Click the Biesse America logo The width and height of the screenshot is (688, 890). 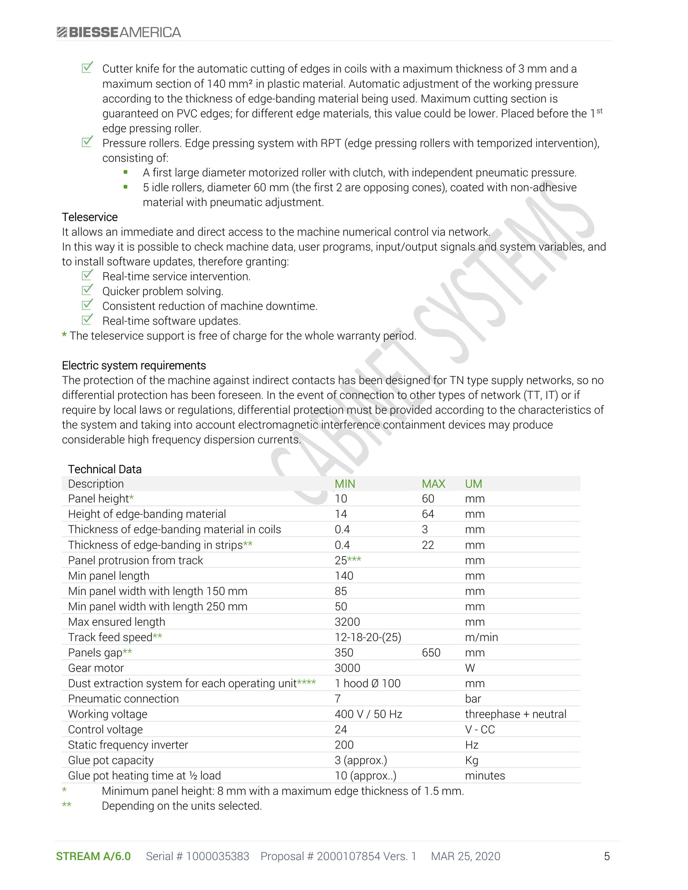coord(119,32)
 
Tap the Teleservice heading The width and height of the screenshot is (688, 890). coord(90,217)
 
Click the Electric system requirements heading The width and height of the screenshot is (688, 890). coord(134,366)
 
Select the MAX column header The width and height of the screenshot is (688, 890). coord(433,484)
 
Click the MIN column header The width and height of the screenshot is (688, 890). coord(345,484)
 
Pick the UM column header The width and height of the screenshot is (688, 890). coord(473,484)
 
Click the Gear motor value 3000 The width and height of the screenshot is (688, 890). coord(347,668)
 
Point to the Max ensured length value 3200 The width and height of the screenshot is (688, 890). coord(347,622)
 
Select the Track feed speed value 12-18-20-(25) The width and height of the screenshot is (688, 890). coord(368,637)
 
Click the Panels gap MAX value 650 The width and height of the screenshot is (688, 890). coord(431,653)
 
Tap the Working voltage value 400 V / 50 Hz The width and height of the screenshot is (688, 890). coord(368,714)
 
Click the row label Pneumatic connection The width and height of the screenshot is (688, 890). coord(123,699)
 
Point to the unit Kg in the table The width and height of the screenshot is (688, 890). coord(471,761)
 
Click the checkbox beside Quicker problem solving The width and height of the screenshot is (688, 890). coord(87,290)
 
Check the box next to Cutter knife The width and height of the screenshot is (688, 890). coord(87,68)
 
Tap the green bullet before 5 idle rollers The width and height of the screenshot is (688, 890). coord(126,187)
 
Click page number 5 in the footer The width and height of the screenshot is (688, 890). coord(607,857)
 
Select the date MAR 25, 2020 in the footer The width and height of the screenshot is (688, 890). coord(465,857)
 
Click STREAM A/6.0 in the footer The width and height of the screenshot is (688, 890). coord(93,857)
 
